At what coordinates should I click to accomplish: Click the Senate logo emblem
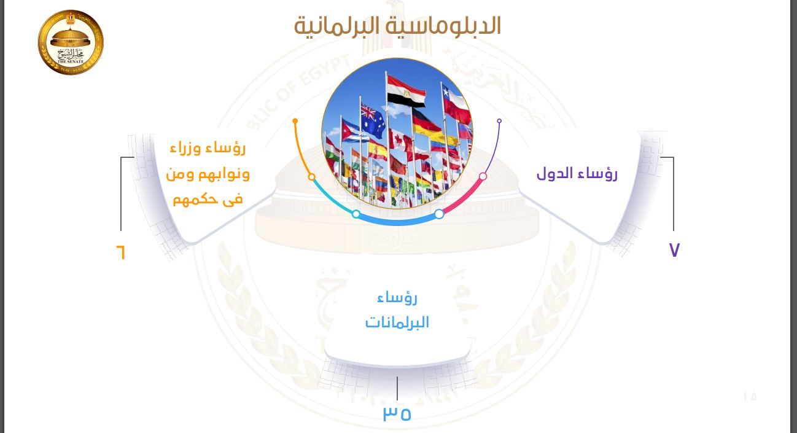[x=71, y=42]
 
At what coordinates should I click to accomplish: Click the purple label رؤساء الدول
[x=577, y=173]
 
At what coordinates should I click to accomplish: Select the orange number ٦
[x=120, y=252]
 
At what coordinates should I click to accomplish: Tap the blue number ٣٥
[x=397, y=413]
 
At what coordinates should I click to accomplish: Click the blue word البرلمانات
[x=397, y=322]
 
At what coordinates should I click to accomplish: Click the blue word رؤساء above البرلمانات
[x=397, y=298]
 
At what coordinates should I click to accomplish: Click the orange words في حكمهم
[x=208, y=200]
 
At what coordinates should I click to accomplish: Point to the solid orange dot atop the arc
[x=295, y=121]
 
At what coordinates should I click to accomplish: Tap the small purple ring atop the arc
[x=499, y=121]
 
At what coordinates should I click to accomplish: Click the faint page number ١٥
[x=749, y=396]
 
